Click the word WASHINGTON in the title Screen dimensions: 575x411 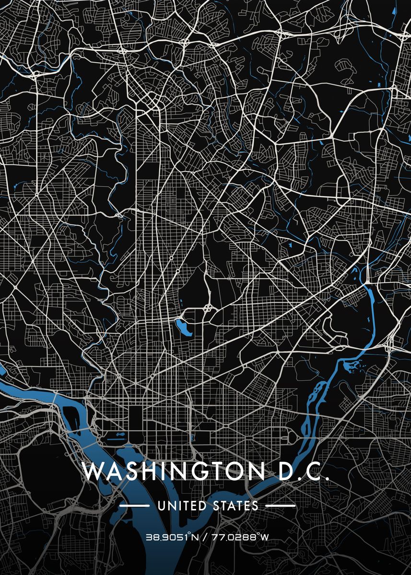click(173, 471)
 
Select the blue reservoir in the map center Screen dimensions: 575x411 click(183, 327)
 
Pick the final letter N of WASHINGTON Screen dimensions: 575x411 click(257, 471)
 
